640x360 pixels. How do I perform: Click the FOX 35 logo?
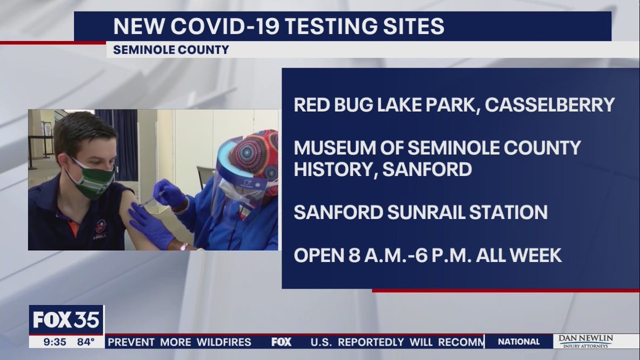click(66, 319)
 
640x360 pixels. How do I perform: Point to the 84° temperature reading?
click(84, 342)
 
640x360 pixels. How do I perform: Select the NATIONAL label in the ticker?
click(518, 342)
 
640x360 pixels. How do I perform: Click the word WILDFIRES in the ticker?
click(224, 342)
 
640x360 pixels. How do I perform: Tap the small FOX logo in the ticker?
click(281, 342)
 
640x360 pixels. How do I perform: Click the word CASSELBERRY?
click(550, 105)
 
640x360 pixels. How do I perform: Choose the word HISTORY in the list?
click(335, 169)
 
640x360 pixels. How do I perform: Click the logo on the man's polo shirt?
click(101, 227)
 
